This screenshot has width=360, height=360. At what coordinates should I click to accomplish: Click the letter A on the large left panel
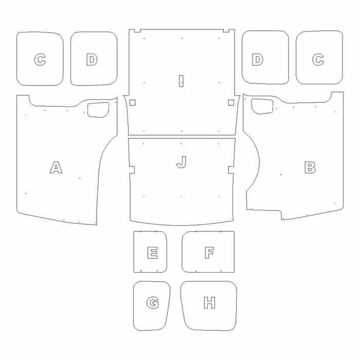56,167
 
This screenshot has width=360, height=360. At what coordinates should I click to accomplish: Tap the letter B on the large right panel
310,167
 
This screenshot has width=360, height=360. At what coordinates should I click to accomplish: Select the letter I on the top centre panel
181,81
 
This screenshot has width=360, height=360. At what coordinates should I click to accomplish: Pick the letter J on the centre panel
182,162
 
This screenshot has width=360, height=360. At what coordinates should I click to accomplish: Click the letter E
152,253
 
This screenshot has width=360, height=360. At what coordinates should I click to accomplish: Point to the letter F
209,253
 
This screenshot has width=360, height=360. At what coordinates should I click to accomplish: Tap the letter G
153,303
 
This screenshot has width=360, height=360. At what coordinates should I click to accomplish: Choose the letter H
210,302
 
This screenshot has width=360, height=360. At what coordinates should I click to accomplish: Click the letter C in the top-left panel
40,60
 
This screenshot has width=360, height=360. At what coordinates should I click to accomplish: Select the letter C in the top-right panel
318,60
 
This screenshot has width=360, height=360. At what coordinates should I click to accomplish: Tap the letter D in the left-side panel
92,60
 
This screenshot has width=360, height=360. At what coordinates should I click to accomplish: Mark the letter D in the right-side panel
258,60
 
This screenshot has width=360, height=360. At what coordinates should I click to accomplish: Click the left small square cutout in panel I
133,103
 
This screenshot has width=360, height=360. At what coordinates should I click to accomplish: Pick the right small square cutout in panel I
231,103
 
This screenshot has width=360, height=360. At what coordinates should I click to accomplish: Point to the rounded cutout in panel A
98,110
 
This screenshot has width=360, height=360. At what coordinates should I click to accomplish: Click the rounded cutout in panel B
262,106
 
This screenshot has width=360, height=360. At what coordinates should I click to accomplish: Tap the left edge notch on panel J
132,170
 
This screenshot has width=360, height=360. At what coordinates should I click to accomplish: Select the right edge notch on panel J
231,170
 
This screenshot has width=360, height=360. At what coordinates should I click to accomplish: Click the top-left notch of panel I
137,30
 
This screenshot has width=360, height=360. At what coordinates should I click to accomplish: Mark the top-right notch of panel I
226,30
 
